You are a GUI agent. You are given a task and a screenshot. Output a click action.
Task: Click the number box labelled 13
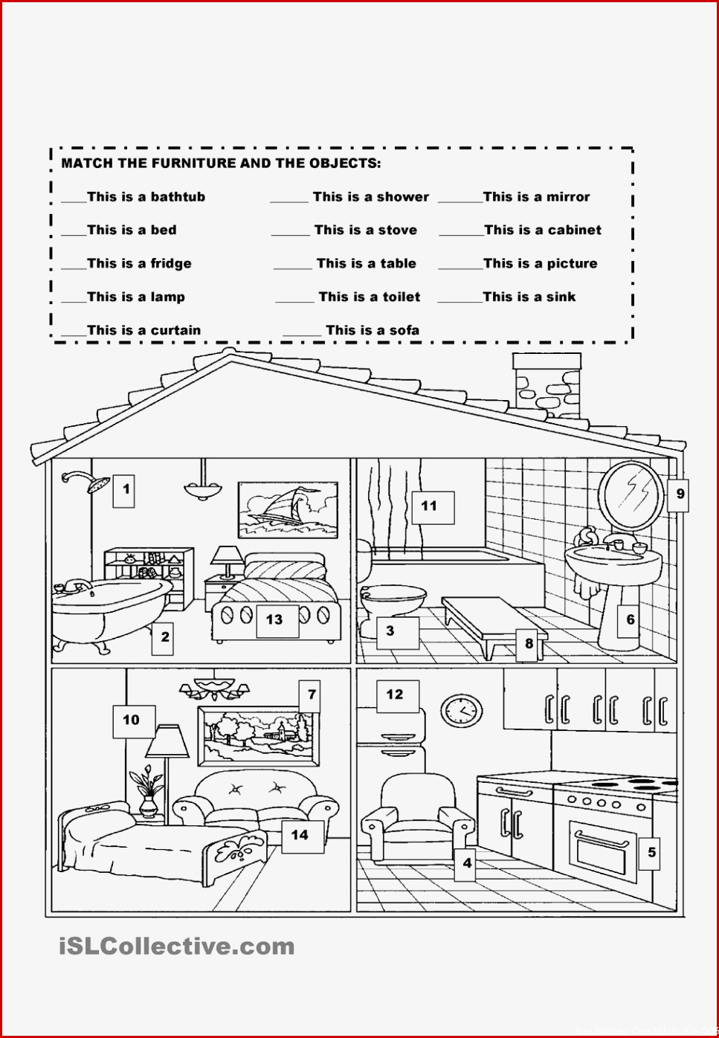pos(277,621)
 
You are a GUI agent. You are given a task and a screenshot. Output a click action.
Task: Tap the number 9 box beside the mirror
pos(678,495)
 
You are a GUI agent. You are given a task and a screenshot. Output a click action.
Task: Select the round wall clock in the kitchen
pos(461,710)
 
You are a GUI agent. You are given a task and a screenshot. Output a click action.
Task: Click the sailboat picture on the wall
pos(288,510)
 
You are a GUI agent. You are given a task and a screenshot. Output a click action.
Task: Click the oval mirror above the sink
pos(631,495)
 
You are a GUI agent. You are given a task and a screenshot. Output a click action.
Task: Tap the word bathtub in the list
pos(178,197)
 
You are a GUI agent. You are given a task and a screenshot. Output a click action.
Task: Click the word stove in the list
pos(398,231)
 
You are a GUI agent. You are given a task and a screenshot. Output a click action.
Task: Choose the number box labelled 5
pos(650,851)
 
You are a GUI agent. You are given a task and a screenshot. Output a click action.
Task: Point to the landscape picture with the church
pos(259,736)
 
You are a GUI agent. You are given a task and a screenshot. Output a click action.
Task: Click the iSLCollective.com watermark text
pos(176,947)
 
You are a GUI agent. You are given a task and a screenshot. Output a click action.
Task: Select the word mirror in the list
pos(569,197)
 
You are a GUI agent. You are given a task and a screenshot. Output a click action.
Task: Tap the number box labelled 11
pos(433,508)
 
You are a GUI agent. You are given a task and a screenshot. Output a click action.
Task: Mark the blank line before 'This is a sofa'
pos(302,335)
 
